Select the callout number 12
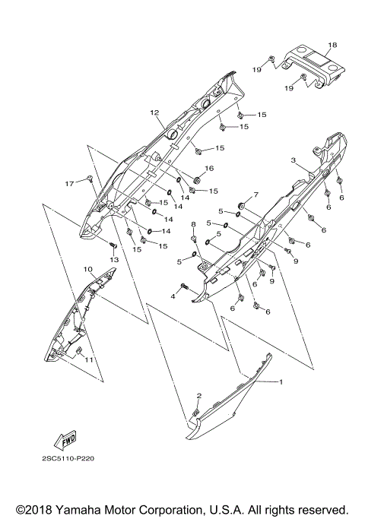click(154, 112)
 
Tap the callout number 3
click(293, 161)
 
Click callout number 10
click(88, 269)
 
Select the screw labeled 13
click(113, 245)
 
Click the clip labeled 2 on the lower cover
click(195, 412)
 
